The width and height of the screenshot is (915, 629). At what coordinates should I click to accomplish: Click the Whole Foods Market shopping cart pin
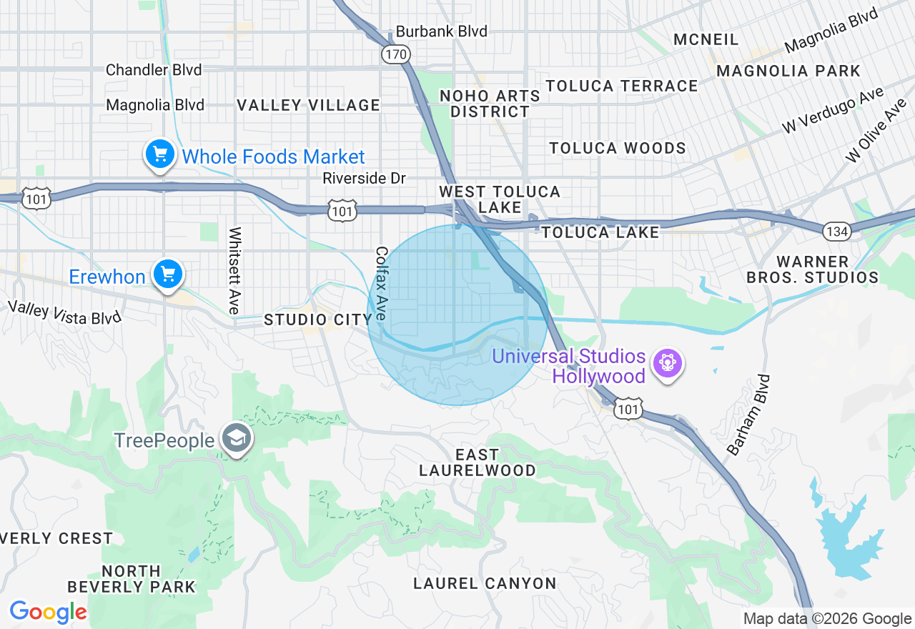point(159,154)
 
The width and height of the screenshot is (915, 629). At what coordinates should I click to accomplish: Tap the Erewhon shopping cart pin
point(168,274)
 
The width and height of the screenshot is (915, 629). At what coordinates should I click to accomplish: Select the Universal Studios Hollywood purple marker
point(668,363)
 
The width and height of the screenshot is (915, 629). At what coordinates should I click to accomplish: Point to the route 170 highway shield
point(395,54)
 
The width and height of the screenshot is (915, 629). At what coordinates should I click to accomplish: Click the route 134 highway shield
point(836,231)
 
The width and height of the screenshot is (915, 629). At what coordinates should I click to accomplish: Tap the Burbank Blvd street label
point(441,31)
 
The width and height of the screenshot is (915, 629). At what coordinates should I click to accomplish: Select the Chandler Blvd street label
point(154,70)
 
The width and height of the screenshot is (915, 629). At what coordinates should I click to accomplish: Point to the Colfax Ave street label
point(381,283)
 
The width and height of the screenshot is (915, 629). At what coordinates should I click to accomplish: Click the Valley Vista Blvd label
point(64,312)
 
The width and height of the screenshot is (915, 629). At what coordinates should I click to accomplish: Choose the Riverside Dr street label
point(364,178)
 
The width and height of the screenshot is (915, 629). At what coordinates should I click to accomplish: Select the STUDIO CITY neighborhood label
point(318,320)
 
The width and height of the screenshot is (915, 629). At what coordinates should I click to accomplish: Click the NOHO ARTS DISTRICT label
point(490,104)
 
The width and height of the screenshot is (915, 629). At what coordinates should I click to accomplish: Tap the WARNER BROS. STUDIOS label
point(812,269)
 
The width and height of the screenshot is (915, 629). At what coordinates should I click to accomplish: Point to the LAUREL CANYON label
point(485,583)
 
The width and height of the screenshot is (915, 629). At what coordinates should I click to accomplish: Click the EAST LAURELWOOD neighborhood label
point(477,462)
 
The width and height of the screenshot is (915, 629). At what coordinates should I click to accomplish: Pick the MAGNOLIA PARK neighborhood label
point(788,71)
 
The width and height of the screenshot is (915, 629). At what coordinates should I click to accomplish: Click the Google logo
point(48,612)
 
